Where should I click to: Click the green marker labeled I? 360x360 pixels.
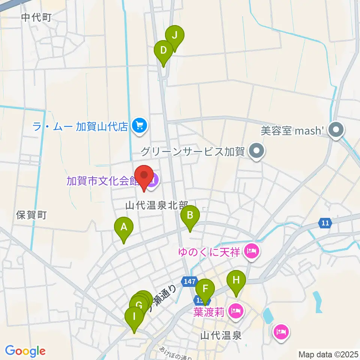click(134, 317)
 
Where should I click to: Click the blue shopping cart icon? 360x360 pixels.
click(140, 125)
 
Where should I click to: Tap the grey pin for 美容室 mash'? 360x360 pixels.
click(336, 130)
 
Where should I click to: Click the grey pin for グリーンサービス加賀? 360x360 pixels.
click(257, 151)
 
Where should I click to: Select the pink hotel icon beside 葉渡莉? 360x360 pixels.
click(236, 311)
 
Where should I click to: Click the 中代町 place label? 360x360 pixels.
click(36, 17)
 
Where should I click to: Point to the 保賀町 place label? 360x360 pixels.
click(31, 215)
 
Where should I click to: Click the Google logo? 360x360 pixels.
click(25, 351)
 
